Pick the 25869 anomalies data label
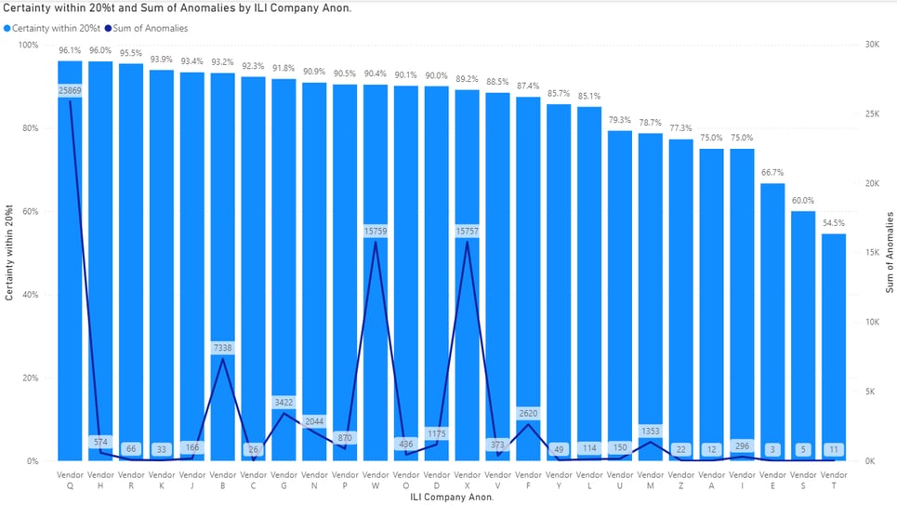[x=70, y=90]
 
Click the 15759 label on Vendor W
[x=376, y=231]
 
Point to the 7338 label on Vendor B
[x=223, y=348]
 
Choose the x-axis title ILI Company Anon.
[x=451, y=497]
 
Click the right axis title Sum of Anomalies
[x=890, y=253]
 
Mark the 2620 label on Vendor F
[x=528, y=413]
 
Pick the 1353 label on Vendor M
[x=650, y=431]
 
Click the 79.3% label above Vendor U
[x=620, y=120]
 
